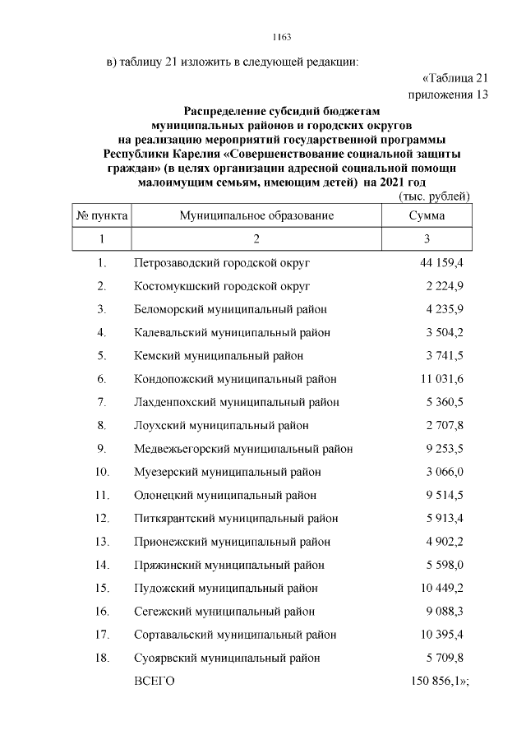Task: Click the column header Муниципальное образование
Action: click(256, 215)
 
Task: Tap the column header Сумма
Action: click(427, 215)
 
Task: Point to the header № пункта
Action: click(102, 215)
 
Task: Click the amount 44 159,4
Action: click(441, 263)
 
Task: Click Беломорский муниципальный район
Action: click(230, 309)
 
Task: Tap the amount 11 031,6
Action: click(441, 379)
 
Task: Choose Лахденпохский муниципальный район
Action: click(236, 402)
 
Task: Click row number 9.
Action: click(102, 449)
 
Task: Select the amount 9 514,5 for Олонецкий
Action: click(445, 495)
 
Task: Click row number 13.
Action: click(102, 542)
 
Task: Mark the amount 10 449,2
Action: click(441, 588)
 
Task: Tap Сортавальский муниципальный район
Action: click(234, 635)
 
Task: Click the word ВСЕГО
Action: click(155, 682)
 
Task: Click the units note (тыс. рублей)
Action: click(433, 196)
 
